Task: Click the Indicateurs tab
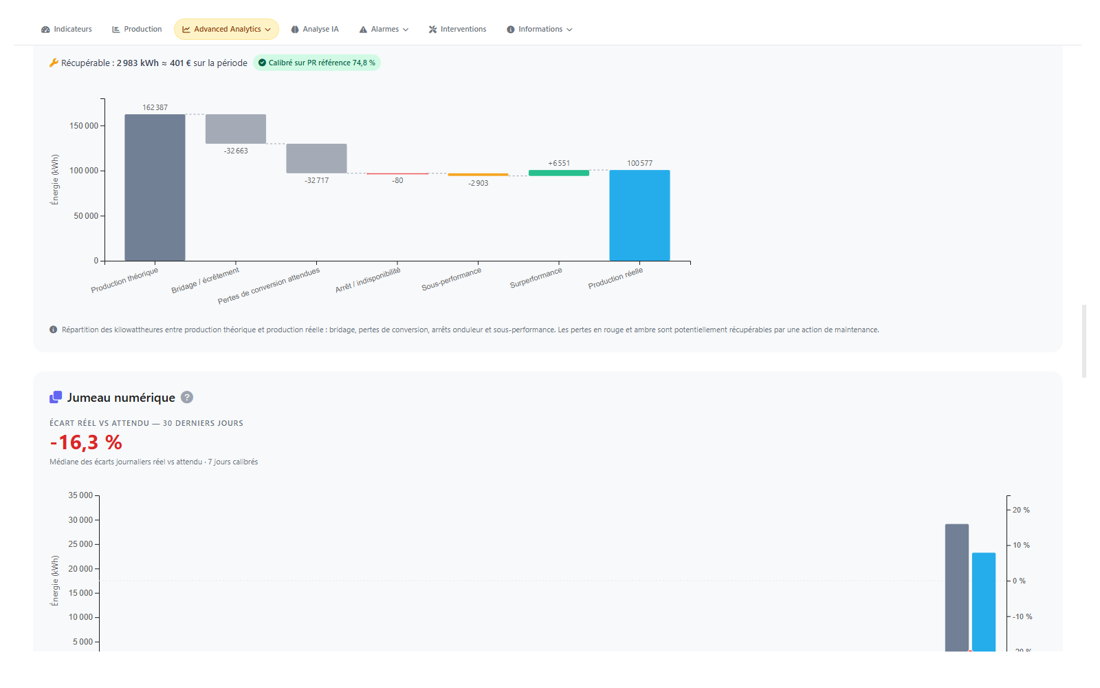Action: coord(67,30)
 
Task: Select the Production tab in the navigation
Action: coord(137,30)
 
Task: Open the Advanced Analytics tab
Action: coord(226,30)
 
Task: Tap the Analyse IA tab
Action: coord(315,30)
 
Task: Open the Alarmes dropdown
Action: coord(384,30)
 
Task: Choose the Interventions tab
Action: coord(457,30)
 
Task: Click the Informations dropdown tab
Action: coord(539,30)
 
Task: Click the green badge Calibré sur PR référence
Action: coord(317,63)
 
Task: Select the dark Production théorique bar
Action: coord(155,187)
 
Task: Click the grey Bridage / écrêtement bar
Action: coord(236,129)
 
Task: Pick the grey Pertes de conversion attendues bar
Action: coord(316,158)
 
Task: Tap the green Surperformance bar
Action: coord(559,173)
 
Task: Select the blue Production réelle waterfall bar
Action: coord(639,215)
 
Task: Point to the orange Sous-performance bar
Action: coord(478,175)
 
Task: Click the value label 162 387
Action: coord(155,107)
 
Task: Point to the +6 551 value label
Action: coord(559,163)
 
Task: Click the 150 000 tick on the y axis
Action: coord(84,126)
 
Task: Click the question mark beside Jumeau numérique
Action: coord(186,397)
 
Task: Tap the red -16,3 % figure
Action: coord(86,442)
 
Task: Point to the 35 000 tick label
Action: coord(80,495)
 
